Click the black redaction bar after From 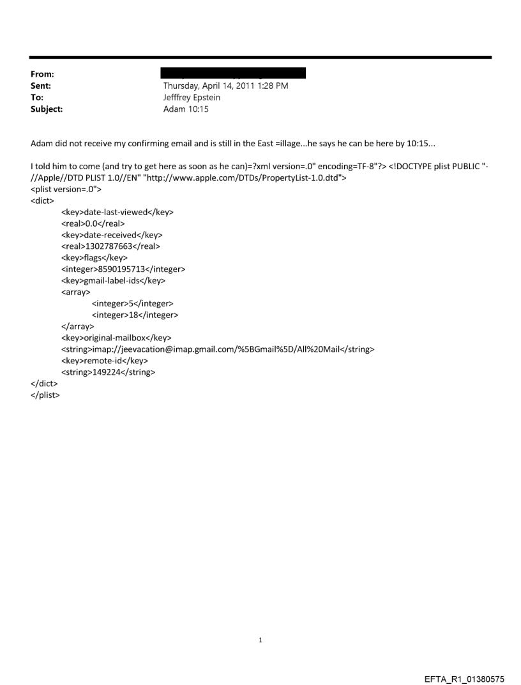pos(234,73)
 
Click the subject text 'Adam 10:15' pos(185,109)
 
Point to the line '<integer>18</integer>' pos(135,315)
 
